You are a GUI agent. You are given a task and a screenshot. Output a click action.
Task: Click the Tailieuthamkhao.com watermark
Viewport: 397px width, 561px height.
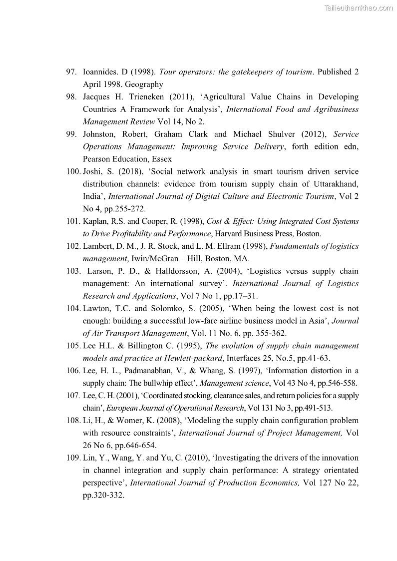coord(358,8)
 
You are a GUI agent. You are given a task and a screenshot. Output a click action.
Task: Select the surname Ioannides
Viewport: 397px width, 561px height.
coord(101,72)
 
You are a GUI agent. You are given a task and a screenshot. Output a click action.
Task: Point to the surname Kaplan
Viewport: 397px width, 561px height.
coord(95,221)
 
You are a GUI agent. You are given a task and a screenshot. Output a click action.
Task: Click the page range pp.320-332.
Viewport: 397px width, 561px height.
coord(103,495)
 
